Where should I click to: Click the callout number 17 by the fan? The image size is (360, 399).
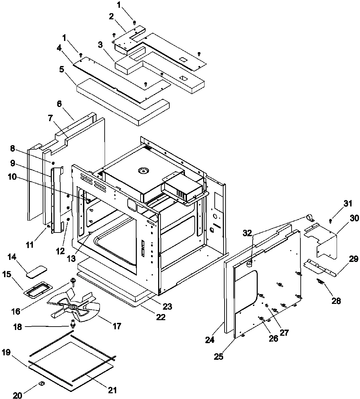click(117, 326)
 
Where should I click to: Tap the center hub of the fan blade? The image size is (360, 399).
click(72, 306)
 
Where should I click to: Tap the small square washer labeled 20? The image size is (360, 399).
click(41, 383)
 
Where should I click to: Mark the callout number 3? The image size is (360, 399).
click(100, 45)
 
